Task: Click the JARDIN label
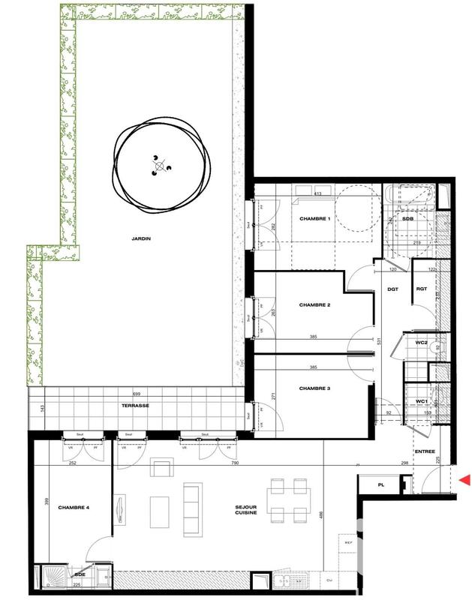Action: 140,238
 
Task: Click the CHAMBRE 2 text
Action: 314,305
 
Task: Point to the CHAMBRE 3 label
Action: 314,388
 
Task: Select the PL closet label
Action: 381,486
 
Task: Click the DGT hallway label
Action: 392,289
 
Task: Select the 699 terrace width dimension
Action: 137,394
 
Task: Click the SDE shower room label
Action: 78,574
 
